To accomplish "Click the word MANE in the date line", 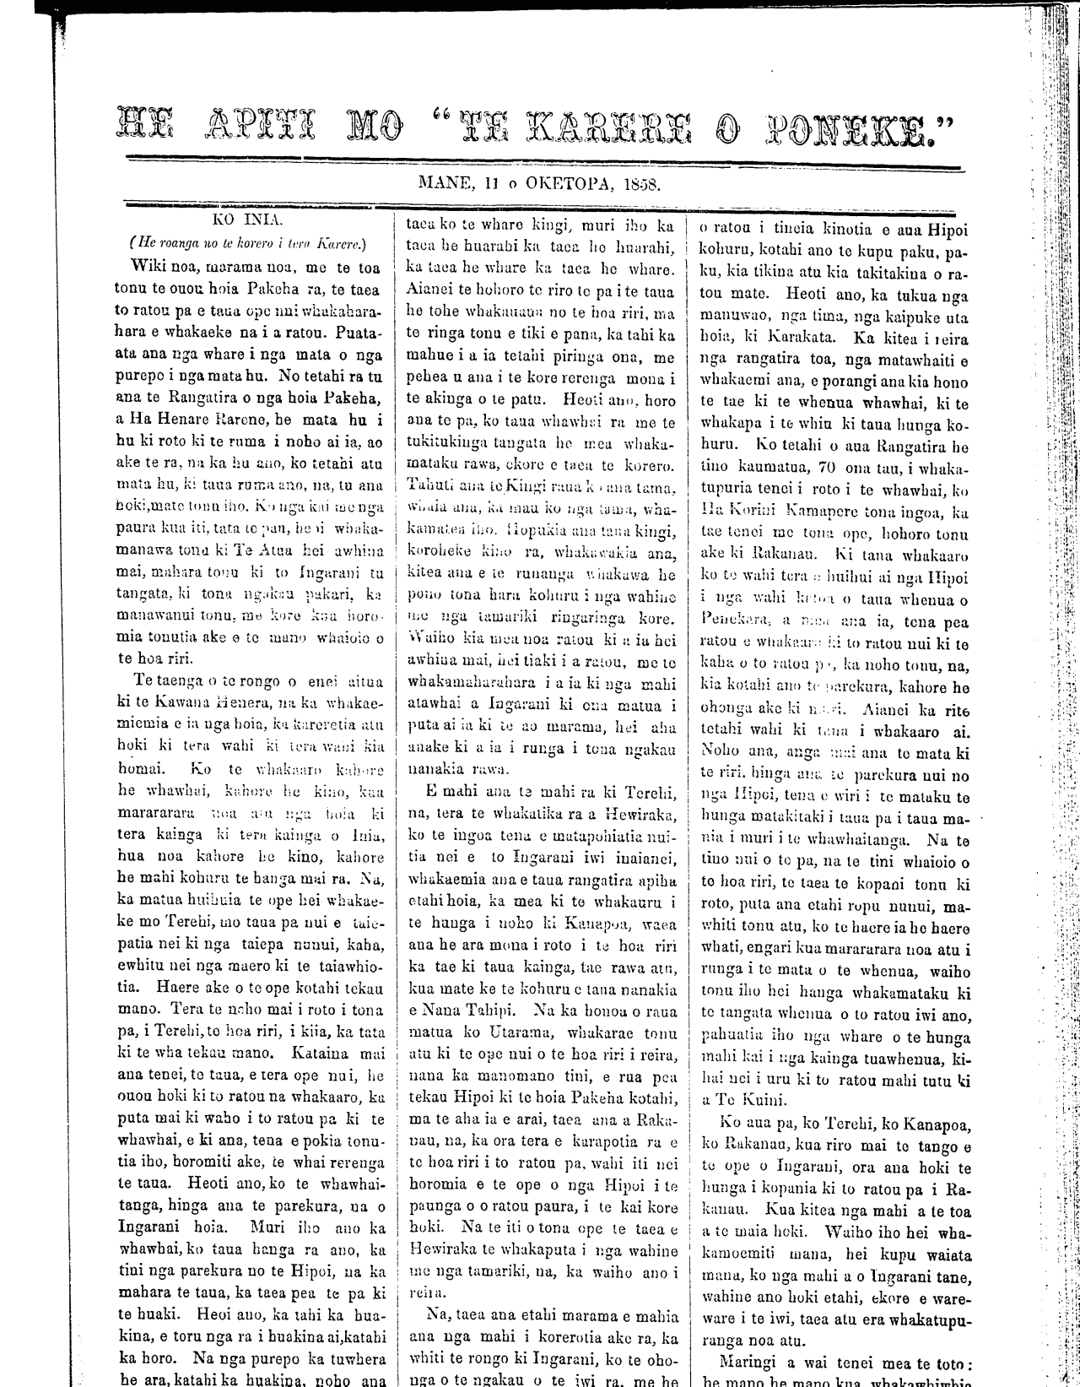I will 446,182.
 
